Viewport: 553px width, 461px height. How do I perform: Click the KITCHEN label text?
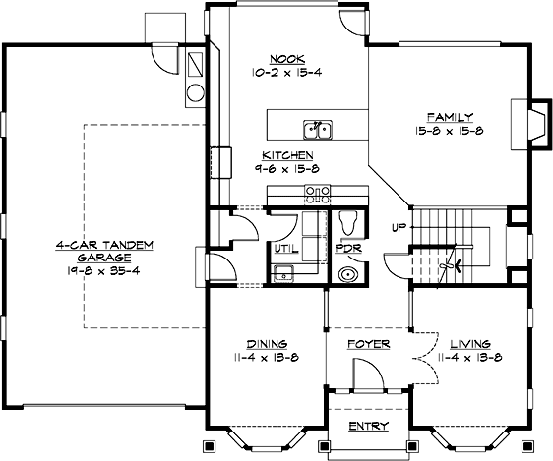coord(287,155)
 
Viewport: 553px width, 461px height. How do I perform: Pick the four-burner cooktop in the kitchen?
coord(317,193)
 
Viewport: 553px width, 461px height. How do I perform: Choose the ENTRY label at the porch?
coord(369,426)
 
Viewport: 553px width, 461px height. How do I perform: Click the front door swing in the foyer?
coord(363,375)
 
